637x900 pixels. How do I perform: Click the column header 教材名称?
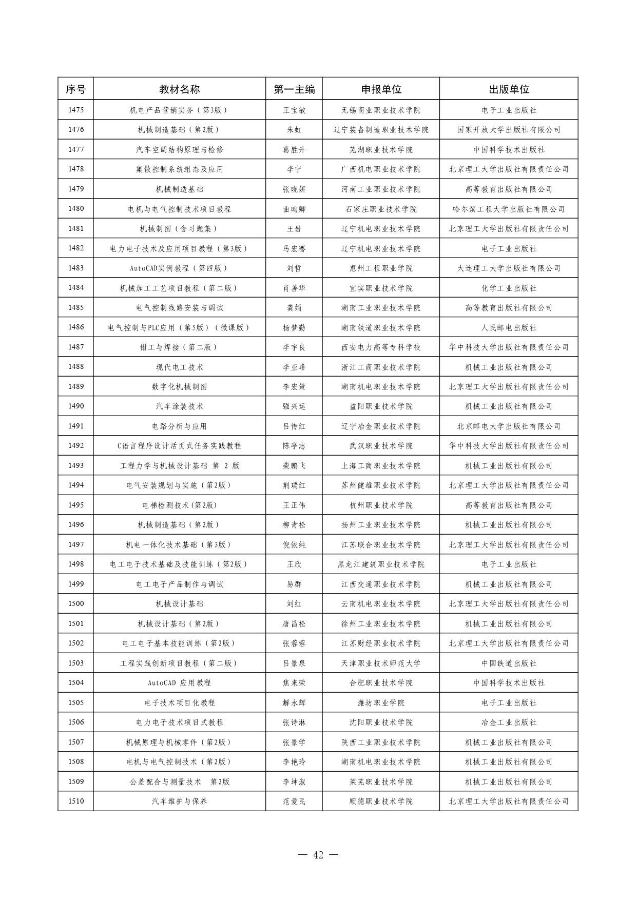click(179, 89)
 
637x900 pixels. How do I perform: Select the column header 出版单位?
click(508, 89)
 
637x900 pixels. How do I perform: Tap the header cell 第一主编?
click(294, 89)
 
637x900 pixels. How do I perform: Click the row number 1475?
click(75, 110)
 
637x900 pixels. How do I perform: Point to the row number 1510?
click(75, 801)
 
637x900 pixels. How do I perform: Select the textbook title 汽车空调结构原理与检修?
click(179, 149)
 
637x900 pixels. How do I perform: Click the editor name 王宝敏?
click(294, 110)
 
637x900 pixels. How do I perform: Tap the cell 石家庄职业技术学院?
click(380, 209)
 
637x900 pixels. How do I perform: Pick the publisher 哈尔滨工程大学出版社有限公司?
click(508, 209)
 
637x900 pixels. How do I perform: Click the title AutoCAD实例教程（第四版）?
click(179, 268)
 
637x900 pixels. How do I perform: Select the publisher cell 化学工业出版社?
click(508, 288)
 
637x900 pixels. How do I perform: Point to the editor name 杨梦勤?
click(294, 327)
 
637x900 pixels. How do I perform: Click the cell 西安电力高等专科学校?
click(380, 347)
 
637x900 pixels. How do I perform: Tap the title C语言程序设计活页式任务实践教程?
click(179, 445)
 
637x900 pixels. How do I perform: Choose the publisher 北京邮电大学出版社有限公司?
click(508, 426)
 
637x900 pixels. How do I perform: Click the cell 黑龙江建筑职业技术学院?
click(380, 564)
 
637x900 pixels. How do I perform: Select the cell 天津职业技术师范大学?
click(380, 663)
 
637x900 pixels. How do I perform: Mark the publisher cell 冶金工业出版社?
click(508, 722)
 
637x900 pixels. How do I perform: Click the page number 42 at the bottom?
click(318, 855)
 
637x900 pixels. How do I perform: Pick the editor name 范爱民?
click(294, 801)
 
